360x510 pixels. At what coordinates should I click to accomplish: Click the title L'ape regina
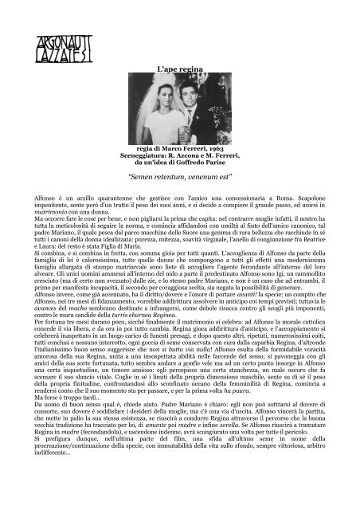point(179,72)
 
